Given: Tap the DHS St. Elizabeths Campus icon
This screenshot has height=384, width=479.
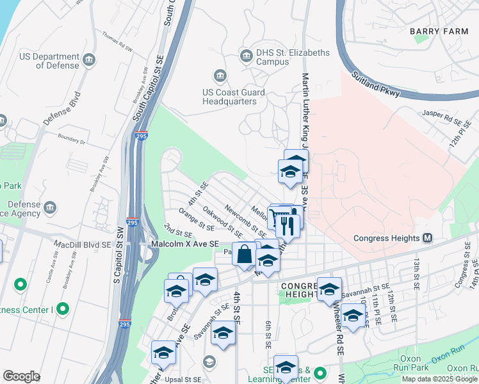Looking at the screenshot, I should [x=246, y=57].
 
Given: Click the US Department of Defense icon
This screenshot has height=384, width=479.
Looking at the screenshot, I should [x=89, y=61].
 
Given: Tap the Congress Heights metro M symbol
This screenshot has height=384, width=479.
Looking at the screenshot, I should [x=427, y=238].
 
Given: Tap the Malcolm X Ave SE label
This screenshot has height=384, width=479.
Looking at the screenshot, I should [x=184, y=244].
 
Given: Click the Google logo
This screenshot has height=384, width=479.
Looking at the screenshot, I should [x=21, y=376].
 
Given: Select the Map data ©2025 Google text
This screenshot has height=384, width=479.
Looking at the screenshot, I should [x=439, y=379].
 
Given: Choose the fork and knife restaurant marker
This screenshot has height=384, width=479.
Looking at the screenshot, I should [x=288, y=225].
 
